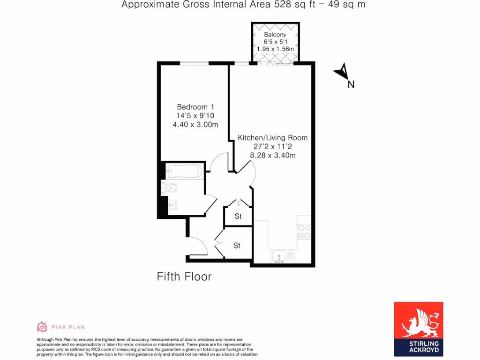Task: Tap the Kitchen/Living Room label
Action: (272, 138)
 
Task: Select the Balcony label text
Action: (275, 35)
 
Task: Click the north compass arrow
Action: (342, 72)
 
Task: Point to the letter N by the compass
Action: (351, 85)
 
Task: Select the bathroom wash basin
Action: (172, 205)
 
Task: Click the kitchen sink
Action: (279, 256)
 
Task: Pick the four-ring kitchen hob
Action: (304, 232)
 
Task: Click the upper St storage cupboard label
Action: (238, 217)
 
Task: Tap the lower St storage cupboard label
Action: (237, 246)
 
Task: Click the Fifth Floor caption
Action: (184, 277)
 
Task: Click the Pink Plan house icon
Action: (42, 327)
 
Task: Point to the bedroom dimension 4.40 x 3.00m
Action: (195, 124)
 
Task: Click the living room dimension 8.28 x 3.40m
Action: (272, 155)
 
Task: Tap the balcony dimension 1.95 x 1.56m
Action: (275, 49)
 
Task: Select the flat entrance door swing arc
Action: (199, 244)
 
